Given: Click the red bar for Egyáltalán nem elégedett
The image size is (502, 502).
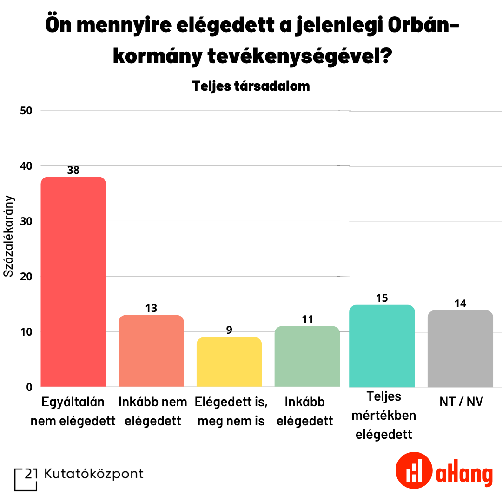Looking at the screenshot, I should coord(73,282).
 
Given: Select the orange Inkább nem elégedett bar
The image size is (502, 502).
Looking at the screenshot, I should coord(151,351).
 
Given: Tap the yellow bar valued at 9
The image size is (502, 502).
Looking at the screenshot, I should coord(229,362).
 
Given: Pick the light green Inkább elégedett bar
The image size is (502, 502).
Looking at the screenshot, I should coord(307,357).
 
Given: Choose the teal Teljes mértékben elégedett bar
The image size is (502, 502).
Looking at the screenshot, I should coord(382,346).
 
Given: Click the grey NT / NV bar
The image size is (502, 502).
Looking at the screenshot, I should coord(460,349).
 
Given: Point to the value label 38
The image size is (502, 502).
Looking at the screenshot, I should coord(73,170).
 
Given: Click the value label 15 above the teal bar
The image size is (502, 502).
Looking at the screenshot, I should coord(382,298).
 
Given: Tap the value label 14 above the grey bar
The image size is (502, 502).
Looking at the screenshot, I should coord(460,304).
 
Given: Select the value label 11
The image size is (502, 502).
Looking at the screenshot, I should coord(307,319).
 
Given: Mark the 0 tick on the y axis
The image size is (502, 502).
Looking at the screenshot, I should coord(29,387).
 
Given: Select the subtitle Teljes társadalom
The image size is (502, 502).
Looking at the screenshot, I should coord(251,86).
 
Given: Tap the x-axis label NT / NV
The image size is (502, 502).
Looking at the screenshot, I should coord(461,402).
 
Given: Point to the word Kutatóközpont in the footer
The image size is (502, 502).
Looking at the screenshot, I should coord(94,474).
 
